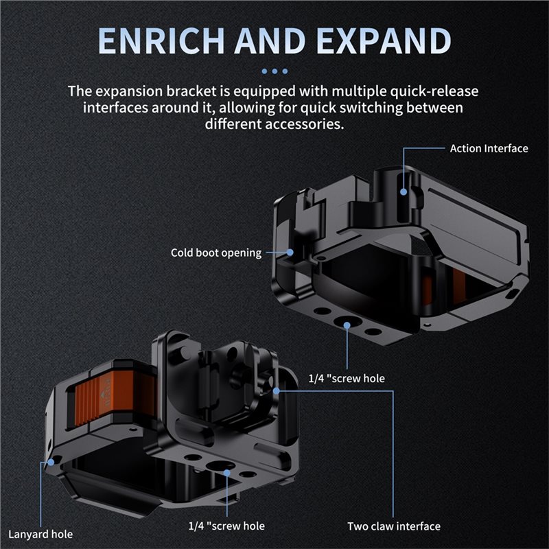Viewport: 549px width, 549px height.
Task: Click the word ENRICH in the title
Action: tap(161, 40)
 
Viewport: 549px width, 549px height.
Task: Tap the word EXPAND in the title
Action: tap(384, 40)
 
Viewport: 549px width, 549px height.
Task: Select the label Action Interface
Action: tap(489, 148)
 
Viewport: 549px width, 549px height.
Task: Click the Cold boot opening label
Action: tap(216, 253)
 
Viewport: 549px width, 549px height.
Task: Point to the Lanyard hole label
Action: tap(40, 535)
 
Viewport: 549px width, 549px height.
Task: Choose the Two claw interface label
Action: tap(394, 526)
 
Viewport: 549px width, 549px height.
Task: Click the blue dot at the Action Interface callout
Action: tap(404, 192)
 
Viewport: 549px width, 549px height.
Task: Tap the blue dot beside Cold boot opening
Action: tap(290, 252)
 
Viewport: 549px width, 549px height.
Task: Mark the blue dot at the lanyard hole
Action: tap(51, 462)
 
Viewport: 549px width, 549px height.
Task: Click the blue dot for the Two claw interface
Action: tap(277, 390)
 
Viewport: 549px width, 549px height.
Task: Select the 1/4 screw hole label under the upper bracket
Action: tap(347, 379)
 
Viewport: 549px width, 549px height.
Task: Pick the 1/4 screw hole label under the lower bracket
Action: tap(226, 526)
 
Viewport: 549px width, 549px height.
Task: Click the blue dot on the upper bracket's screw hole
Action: tap(347, 325)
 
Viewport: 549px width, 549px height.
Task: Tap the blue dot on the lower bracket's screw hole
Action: tap(227, 473)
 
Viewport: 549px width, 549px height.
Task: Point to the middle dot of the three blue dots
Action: tap(275, 71)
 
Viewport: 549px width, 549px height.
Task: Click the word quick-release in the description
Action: tap(434, 91)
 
